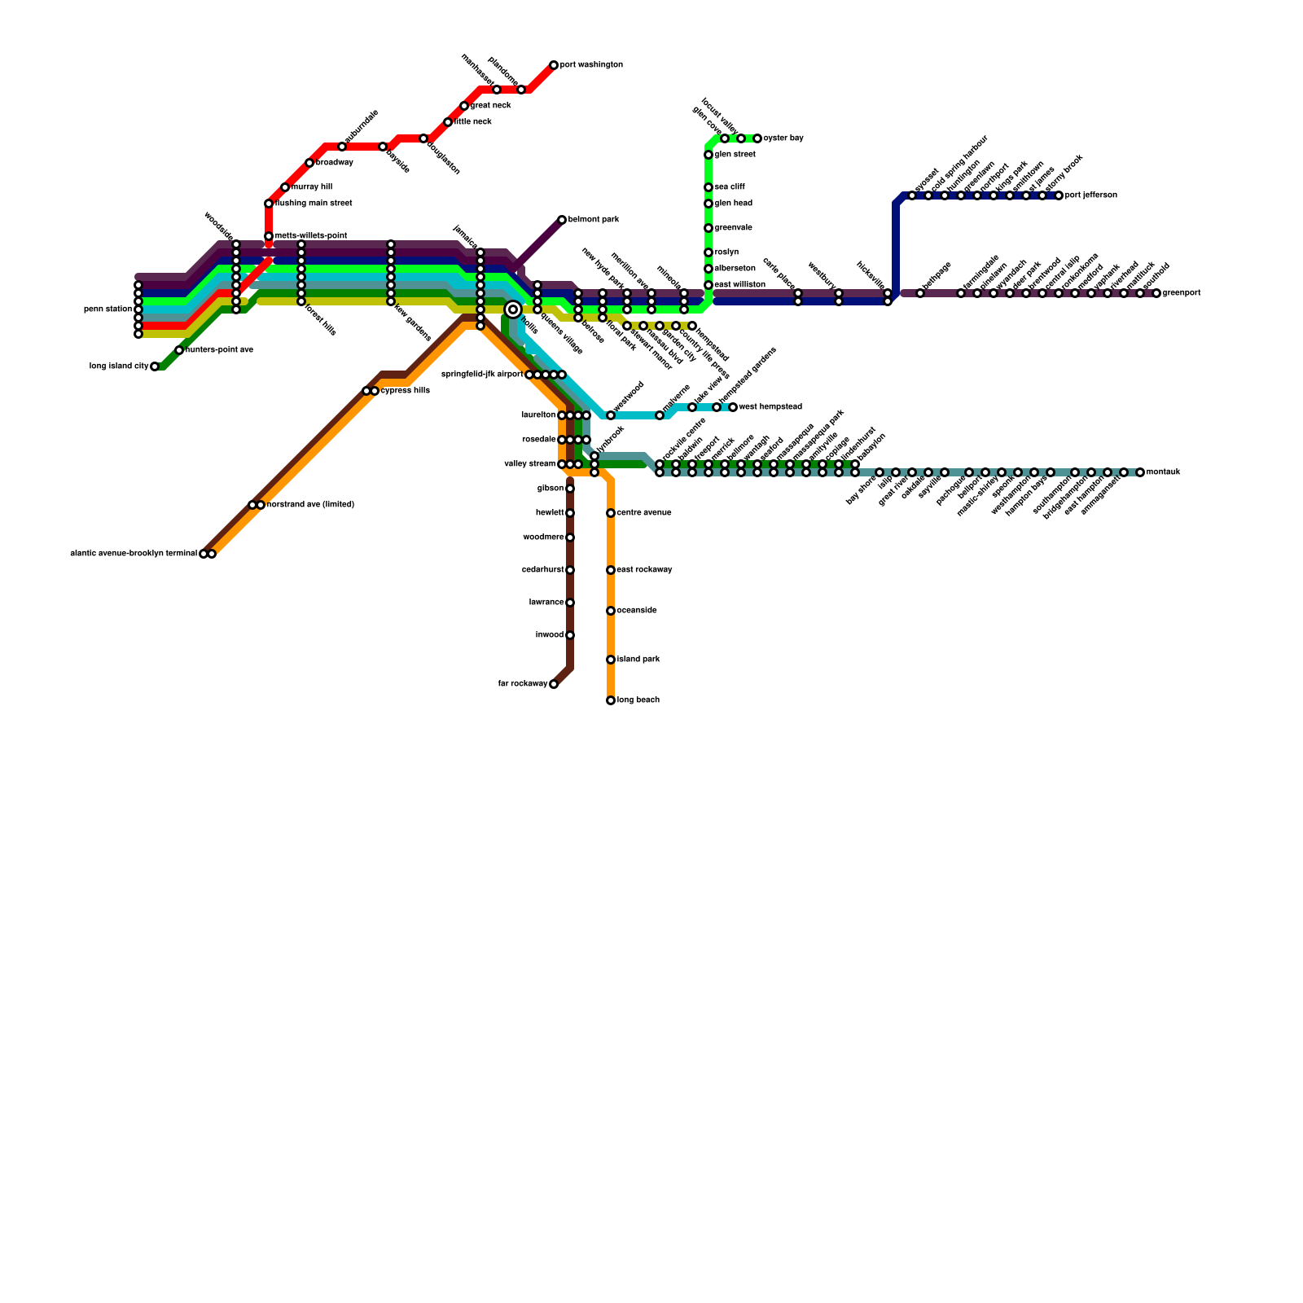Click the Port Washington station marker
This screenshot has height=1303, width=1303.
tap(554, 65)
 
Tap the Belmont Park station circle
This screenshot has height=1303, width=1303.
tap(562, 220)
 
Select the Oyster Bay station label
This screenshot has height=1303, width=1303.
tap(783, 138)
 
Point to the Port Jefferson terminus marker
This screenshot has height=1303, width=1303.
tap(1059, 195)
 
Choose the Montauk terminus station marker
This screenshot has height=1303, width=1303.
tap(1140, 472)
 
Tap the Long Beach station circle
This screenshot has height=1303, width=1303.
tap(611, 700)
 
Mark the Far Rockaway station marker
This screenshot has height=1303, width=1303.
tap(554, 684)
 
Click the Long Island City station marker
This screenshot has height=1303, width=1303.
tap(155, 366)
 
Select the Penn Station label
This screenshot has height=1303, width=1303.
tap(107, 309)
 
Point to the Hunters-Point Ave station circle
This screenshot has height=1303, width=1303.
tap(179, 350)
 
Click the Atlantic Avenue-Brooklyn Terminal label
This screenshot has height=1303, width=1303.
tap(134, 554)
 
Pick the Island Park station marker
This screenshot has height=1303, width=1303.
tap(611, 660)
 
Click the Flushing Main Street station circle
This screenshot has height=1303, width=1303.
tap(269, 204)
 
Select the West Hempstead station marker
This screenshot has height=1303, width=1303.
tap(733, 407)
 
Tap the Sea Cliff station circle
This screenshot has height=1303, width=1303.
tap(709, 187)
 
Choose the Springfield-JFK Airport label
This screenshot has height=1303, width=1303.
tap(481, 375)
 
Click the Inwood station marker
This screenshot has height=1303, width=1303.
tap(570, 635)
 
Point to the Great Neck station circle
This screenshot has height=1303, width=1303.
tap(464, 106)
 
